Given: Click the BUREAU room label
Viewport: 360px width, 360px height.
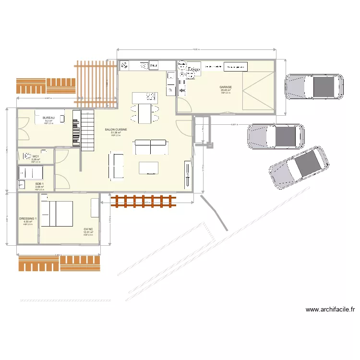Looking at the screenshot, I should (48, 118).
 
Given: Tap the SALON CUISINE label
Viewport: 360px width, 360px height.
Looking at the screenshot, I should (116, 130).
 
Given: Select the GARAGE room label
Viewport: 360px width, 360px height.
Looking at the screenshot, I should (226, 87).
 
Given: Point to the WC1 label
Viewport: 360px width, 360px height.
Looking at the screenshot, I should (36, 156).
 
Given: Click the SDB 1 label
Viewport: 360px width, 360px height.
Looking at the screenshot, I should (39, 184).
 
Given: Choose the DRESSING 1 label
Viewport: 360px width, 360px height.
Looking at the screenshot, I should (28, 219).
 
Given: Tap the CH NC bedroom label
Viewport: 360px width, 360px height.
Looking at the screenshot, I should (88, 229).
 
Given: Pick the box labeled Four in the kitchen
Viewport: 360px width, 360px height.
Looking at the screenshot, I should (154, 65).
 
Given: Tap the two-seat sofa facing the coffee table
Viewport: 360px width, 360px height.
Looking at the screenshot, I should (151, 146).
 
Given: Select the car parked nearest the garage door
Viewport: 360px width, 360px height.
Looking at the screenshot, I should (315, 87).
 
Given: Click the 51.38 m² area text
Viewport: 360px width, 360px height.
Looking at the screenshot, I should (116, 133).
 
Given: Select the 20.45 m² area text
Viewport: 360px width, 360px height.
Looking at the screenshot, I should (226, 90).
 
